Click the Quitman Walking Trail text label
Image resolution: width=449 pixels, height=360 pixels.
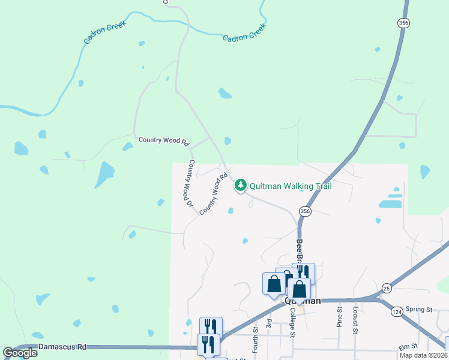(291, 186)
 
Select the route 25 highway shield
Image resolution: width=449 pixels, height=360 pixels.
(387, 289)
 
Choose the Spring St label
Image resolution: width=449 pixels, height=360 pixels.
(419, 310)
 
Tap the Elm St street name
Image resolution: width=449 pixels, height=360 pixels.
(407, 347)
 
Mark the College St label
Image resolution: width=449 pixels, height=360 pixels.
(292, 325)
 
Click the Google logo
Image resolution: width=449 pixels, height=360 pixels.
(20, 353)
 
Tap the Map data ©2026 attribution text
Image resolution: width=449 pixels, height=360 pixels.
(424, 355)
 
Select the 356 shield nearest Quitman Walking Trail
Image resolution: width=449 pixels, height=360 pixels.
(305, 211)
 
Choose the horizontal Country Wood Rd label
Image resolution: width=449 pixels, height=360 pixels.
(164, 140)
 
